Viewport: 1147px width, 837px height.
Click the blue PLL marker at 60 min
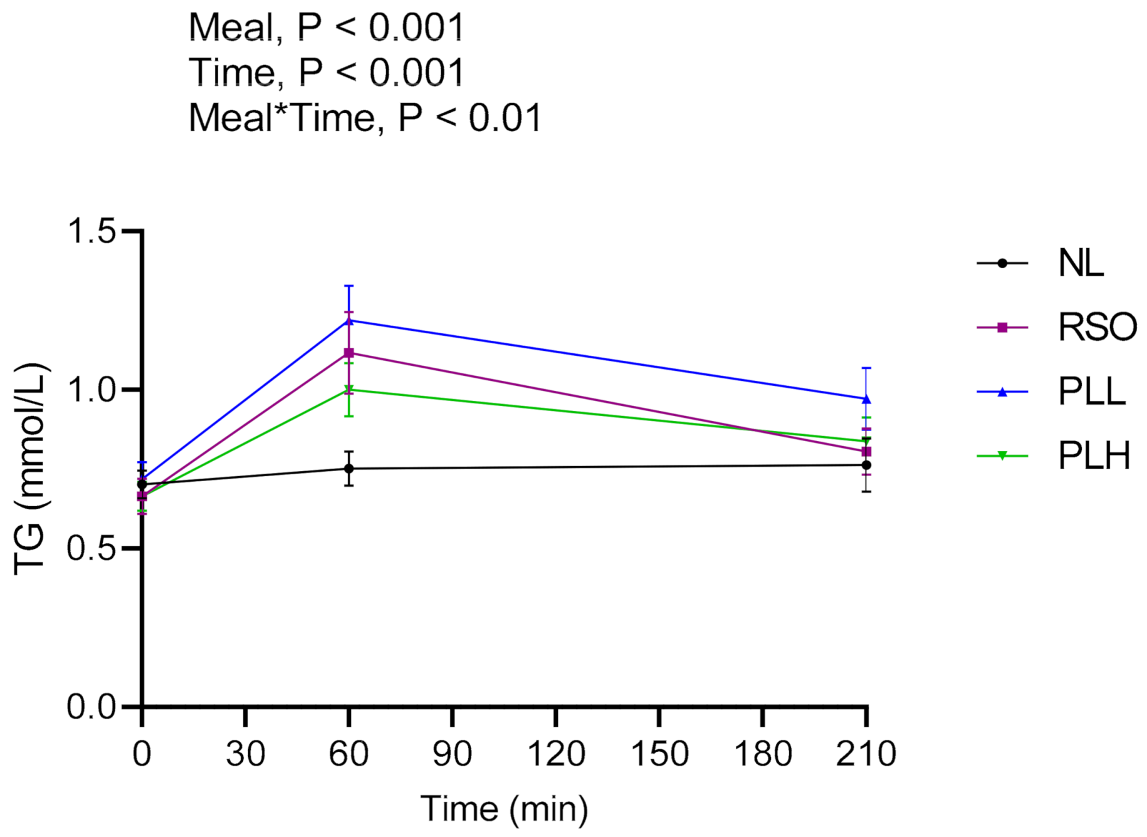(x=348, y=321)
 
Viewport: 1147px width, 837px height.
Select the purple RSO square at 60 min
(x=348, y=353)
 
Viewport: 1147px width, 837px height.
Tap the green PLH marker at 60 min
(x=348, y=390)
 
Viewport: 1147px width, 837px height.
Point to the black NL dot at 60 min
(x=348, y=469)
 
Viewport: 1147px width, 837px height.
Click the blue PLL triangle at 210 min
(x=866, y=399)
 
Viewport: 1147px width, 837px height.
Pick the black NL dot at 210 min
(x=866, y=465)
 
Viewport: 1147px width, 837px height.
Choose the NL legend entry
(x=1080, y=263)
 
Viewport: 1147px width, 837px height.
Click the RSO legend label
(x=1097, y=327)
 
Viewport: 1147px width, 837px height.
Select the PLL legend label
(x=1091, y=392)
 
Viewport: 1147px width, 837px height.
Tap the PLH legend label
(x=1094, y=455)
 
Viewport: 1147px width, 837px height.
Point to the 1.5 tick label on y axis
(x=92, y=231)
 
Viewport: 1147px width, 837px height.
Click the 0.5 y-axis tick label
(x=92, y=549)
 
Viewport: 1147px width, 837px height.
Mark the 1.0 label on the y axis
(x=92, y=390)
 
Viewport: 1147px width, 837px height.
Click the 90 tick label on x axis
(x=452, y=754)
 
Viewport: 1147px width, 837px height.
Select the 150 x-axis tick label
(x=659, y=754)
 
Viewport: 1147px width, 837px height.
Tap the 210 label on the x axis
(x=866, y=754)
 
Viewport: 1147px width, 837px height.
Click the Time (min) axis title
(x=504, y=809)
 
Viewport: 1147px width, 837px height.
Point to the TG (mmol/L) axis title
(x=30, y=469)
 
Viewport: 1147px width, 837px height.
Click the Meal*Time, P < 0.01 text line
(x=365, y=118)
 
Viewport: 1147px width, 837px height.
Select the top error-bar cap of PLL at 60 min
(x=348, y=286)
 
